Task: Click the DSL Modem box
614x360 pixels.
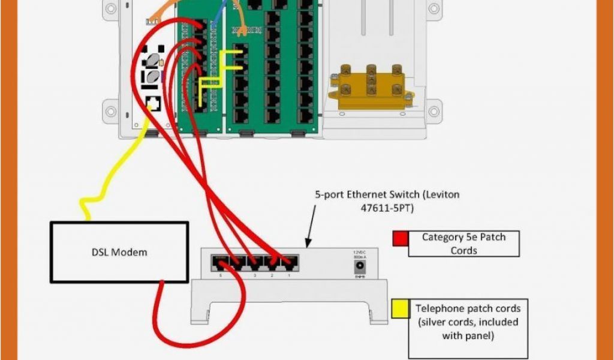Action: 119,252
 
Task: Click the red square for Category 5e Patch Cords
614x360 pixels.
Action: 400,238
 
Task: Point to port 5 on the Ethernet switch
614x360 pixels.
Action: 219,262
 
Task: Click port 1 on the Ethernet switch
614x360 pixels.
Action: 291,262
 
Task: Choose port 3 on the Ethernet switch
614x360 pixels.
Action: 254,262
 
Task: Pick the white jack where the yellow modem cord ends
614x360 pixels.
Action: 153,103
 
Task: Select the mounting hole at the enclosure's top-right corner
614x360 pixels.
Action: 432,8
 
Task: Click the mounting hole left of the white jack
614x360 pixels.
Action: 111,111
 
